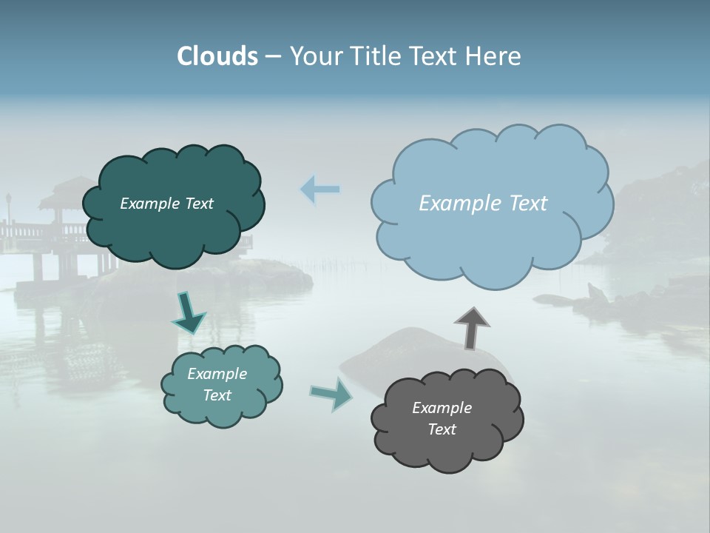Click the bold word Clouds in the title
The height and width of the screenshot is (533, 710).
(x=217, y=56)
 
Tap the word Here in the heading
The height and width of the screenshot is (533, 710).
(x=494, y=56)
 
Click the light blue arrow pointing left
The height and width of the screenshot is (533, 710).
(x=320, y=190)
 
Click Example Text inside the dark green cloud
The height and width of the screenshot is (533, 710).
(x=166, y=204)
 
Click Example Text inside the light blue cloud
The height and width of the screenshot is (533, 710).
(x=483, y=204)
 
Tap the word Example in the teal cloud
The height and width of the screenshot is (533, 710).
(x=217, y=374)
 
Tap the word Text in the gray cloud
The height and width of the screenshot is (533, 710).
(x=442, y=429)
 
